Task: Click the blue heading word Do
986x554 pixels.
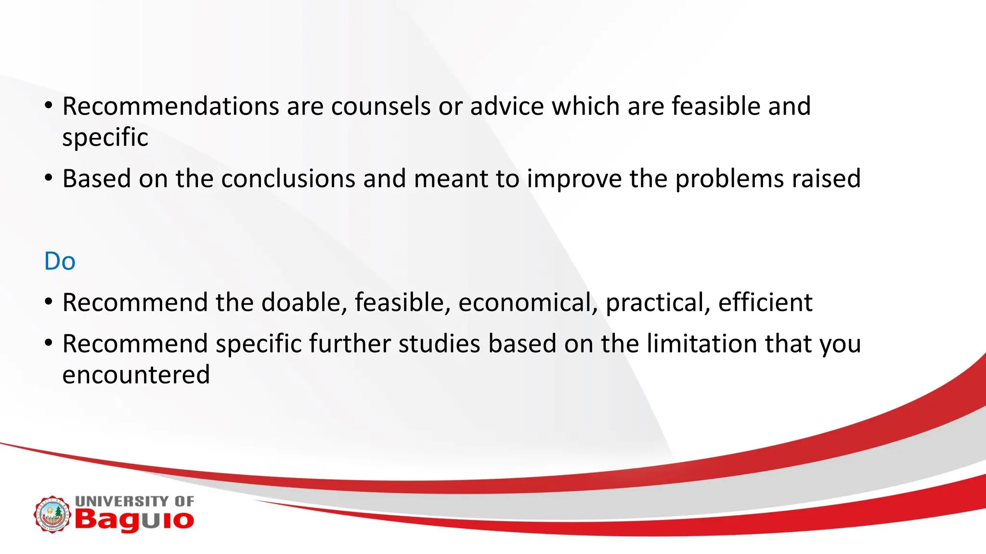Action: (x=60, y=261)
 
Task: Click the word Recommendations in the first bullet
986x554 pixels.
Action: (x=170, y=106)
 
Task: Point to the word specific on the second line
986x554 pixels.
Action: (x=105, y=138)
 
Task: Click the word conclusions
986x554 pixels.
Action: (x=288, y=179)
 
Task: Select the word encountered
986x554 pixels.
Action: (x=136, y=375)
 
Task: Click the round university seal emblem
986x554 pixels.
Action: (x=52, y=515)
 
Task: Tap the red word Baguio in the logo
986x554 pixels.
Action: (x=134, y=520)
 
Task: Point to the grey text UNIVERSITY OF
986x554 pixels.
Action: (x=134, y=501)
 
